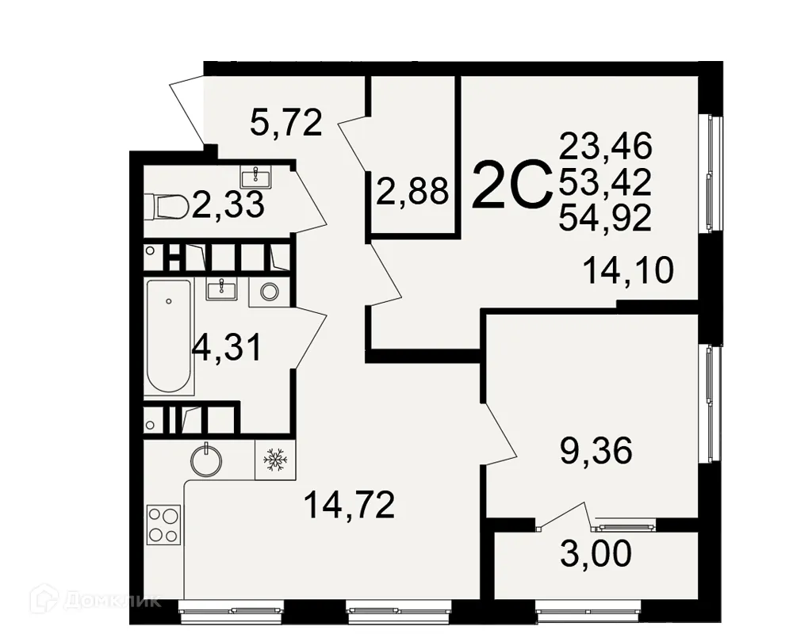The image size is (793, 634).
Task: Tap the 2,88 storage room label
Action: pos(412,192)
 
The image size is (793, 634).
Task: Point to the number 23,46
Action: pos(605,147)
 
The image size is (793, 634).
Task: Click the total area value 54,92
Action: pos(605,217)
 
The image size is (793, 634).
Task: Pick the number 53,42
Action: pos(605,182)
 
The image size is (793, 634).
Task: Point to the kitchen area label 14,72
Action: pos(350,505)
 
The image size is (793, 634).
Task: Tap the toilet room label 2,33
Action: pos(228,207)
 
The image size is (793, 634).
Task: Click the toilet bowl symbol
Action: pos(166,207)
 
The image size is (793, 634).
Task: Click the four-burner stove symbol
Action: pos(163,524)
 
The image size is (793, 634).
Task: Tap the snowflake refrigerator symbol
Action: pos(274,460)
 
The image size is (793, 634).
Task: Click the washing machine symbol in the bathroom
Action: pos(269,292)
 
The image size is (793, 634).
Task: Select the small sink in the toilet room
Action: pos(256,177)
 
